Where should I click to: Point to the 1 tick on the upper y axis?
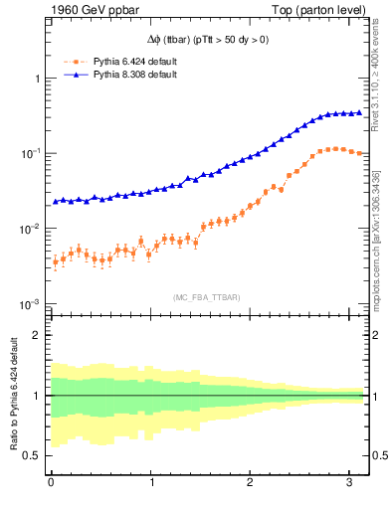pos(36,78)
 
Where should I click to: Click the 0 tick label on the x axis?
pos(51,483)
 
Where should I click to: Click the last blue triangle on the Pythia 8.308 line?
pos(358,112)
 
